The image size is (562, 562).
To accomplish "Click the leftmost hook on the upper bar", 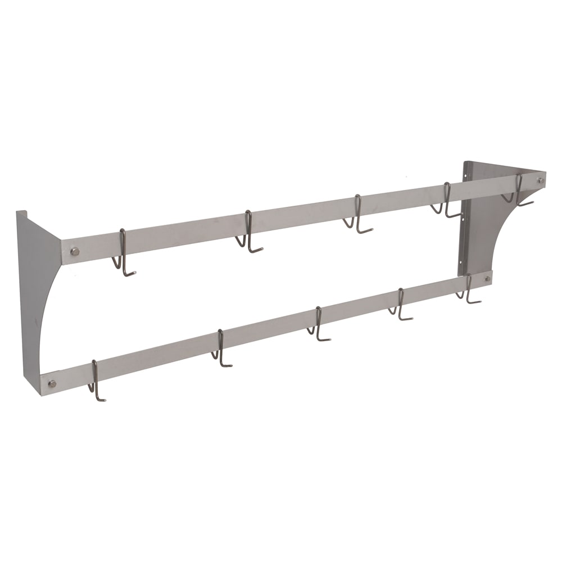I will click(124, 256).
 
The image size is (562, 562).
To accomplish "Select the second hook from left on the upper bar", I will click(248, 235).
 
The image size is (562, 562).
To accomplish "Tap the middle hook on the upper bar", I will click(357, 216).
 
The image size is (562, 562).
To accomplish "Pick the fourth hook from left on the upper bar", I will click(447, 202).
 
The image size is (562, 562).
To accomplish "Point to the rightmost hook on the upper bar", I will click(519, 192).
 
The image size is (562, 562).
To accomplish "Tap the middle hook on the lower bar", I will click(319, 325).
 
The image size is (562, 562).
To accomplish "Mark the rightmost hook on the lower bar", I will click(468, 289).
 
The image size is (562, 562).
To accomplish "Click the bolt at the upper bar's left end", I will click(74, 251).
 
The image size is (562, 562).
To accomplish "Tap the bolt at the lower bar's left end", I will click(52, 383).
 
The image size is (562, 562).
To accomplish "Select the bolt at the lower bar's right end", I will click(487, 278).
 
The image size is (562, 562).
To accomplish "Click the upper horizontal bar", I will click(303, 219).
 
